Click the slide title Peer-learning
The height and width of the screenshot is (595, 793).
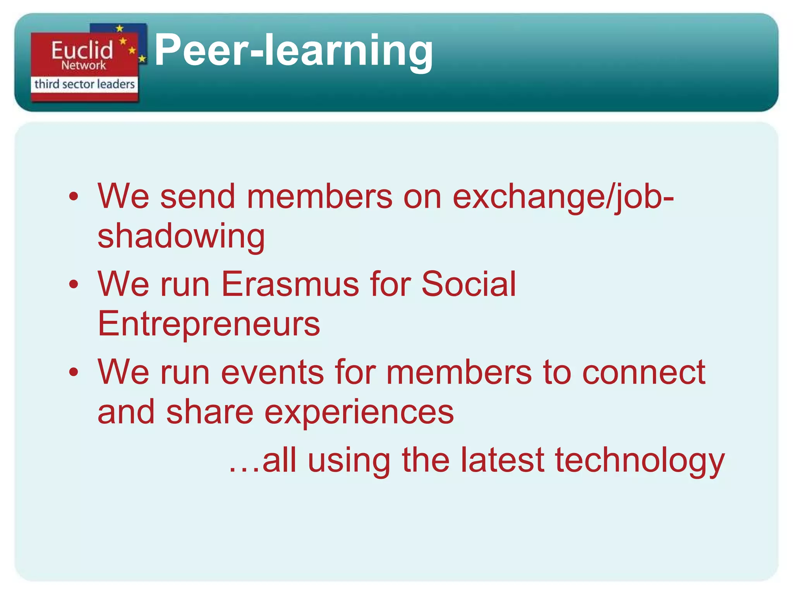tap(294, 50)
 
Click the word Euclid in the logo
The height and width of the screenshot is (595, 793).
tap(82, 50)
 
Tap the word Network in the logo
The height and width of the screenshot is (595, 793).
tap(83, 65)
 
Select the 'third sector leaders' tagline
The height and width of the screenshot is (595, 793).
tap(84, 84)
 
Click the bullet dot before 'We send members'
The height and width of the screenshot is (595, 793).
tap(74, 197)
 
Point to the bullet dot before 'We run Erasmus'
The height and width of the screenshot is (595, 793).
tap(74, 285)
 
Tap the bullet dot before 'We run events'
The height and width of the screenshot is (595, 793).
tap(74, 372)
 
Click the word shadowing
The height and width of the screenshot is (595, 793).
tap(181, 236)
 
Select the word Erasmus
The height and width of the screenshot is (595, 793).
tap(290, 284)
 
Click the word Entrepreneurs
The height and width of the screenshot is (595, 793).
tap(209, 323)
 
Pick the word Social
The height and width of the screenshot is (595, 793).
tap(469, 284)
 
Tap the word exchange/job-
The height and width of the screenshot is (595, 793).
tap(563, 197)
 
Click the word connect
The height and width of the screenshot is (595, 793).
tap(644, 372)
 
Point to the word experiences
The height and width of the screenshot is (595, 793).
tap(359, 412)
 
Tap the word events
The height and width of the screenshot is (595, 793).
tap(273, 372)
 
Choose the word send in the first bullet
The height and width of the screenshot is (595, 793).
tap(198, 197)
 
